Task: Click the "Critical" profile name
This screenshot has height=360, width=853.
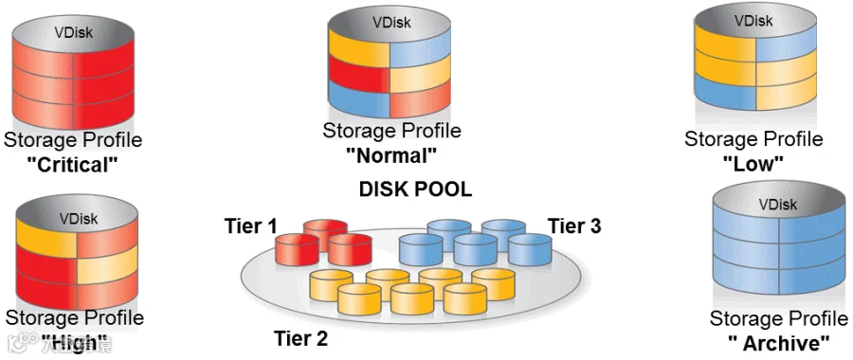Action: (72, 164)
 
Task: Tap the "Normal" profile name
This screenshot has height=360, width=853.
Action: (391, 155)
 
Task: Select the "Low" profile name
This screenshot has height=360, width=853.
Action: (753, 163)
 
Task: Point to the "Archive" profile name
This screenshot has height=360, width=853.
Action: (779, 344)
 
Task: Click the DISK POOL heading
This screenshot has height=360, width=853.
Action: (415, 189)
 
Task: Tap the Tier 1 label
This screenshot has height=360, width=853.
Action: (251, 225)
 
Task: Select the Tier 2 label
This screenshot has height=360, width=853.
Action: (300, 339)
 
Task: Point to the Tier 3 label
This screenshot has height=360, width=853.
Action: (574, 225)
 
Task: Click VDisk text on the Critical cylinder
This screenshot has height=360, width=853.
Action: (73, 32)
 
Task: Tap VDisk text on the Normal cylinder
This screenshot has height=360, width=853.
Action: (391, 23)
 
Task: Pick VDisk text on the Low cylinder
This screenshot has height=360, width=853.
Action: (753, 21)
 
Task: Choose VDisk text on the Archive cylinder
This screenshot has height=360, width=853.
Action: (778, 205)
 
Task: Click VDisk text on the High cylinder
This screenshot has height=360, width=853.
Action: (79, 219)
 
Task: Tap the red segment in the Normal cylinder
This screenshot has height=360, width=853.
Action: (358, 75)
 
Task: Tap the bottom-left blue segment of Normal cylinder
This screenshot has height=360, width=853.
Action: (358, 99)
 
